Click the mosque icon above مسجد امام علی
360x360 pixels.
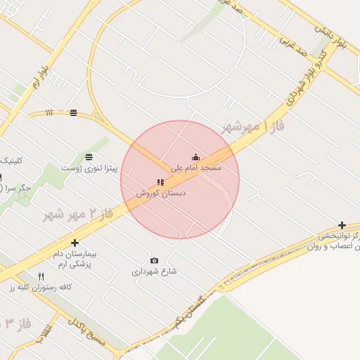tap(195, 157)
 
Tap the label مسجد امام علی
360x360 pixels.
tap(196, 168)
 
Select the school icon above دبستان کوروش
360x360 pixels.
tap(160, 182)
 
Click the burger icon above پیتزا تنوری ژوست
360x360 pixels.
tap(89, 157)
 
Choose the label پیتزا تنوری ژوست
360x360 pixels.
tap(88, 168)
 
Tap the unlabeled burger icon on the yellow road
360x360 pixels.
tap(74, 112)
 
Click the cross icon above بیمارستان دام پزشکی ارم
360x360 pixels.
tap(75, 243)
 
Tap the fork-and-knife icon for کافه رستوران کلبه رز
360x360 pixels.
tap(41, 276)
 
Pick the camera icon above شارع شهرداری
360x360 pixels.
tap(155, 260)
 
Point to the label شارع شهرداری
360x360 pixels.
tap(154, 271)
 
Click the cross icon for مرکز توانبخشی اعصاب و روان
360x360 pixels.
tap(342, 225)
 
